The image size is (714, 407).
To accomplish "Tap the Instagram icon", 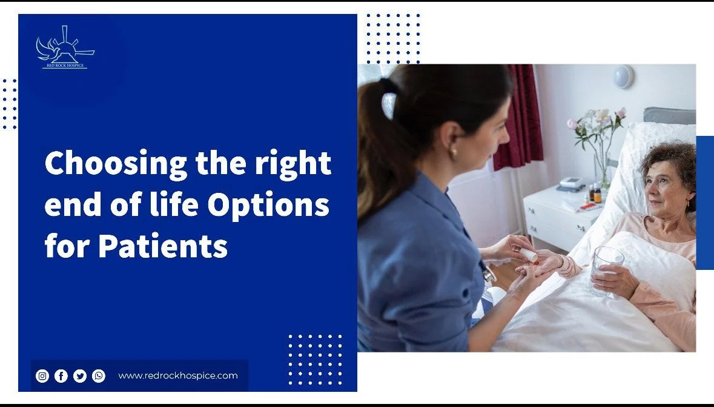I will click(x=42, y=376).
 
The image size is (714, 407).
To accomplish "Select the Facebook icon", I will click(x=61, y=376).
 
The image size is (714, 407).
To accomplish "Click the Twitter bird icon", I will click(x=80, y=376).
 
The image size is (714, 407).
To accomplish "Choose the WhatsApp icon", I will click(x=99, y=376).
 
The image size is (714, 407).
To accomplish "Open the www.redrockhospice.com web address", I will click(x=177, y=375).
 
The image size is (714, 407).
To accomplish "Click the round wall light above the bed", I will click(x=623, y=77).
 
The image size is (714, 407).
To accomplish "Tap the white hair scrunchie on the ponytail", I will click(x=389, y=105).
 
